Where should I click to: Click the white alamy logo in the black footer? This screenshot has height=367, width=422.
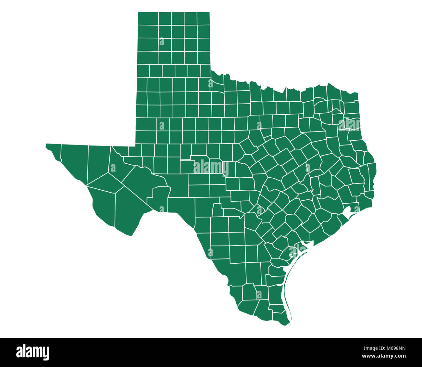click(x=33, y=352)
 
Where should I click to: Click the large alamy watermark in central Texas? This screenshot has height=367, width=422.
click(x=211, y=168)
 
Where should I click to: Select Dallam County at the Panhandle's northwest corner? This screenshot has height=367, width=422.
click(x=148, y=19)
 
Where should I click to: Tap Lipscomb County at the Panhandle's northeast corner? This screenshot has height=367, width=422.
click(x=203, y=19)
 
